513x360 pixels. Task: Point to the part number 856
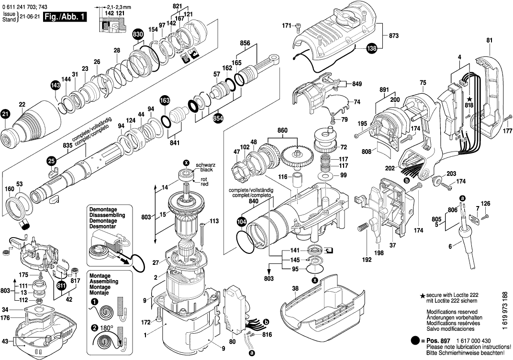click(245, 43)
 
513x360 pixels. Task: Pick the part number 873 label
click(394, 36)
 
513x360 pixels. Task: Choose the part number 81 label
click(489, 41)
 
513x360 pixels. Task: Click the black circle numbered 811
click(61, 285)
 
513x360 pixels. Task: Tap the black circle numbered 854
click(218, 118)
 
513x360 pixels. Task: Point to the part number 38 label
click(295, 288)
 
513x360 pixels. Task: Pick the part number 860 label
click(282, 130)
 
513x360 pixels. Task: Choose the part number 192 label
click(367, 261)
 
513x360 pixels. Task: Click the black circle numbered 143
click(56, 86)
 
